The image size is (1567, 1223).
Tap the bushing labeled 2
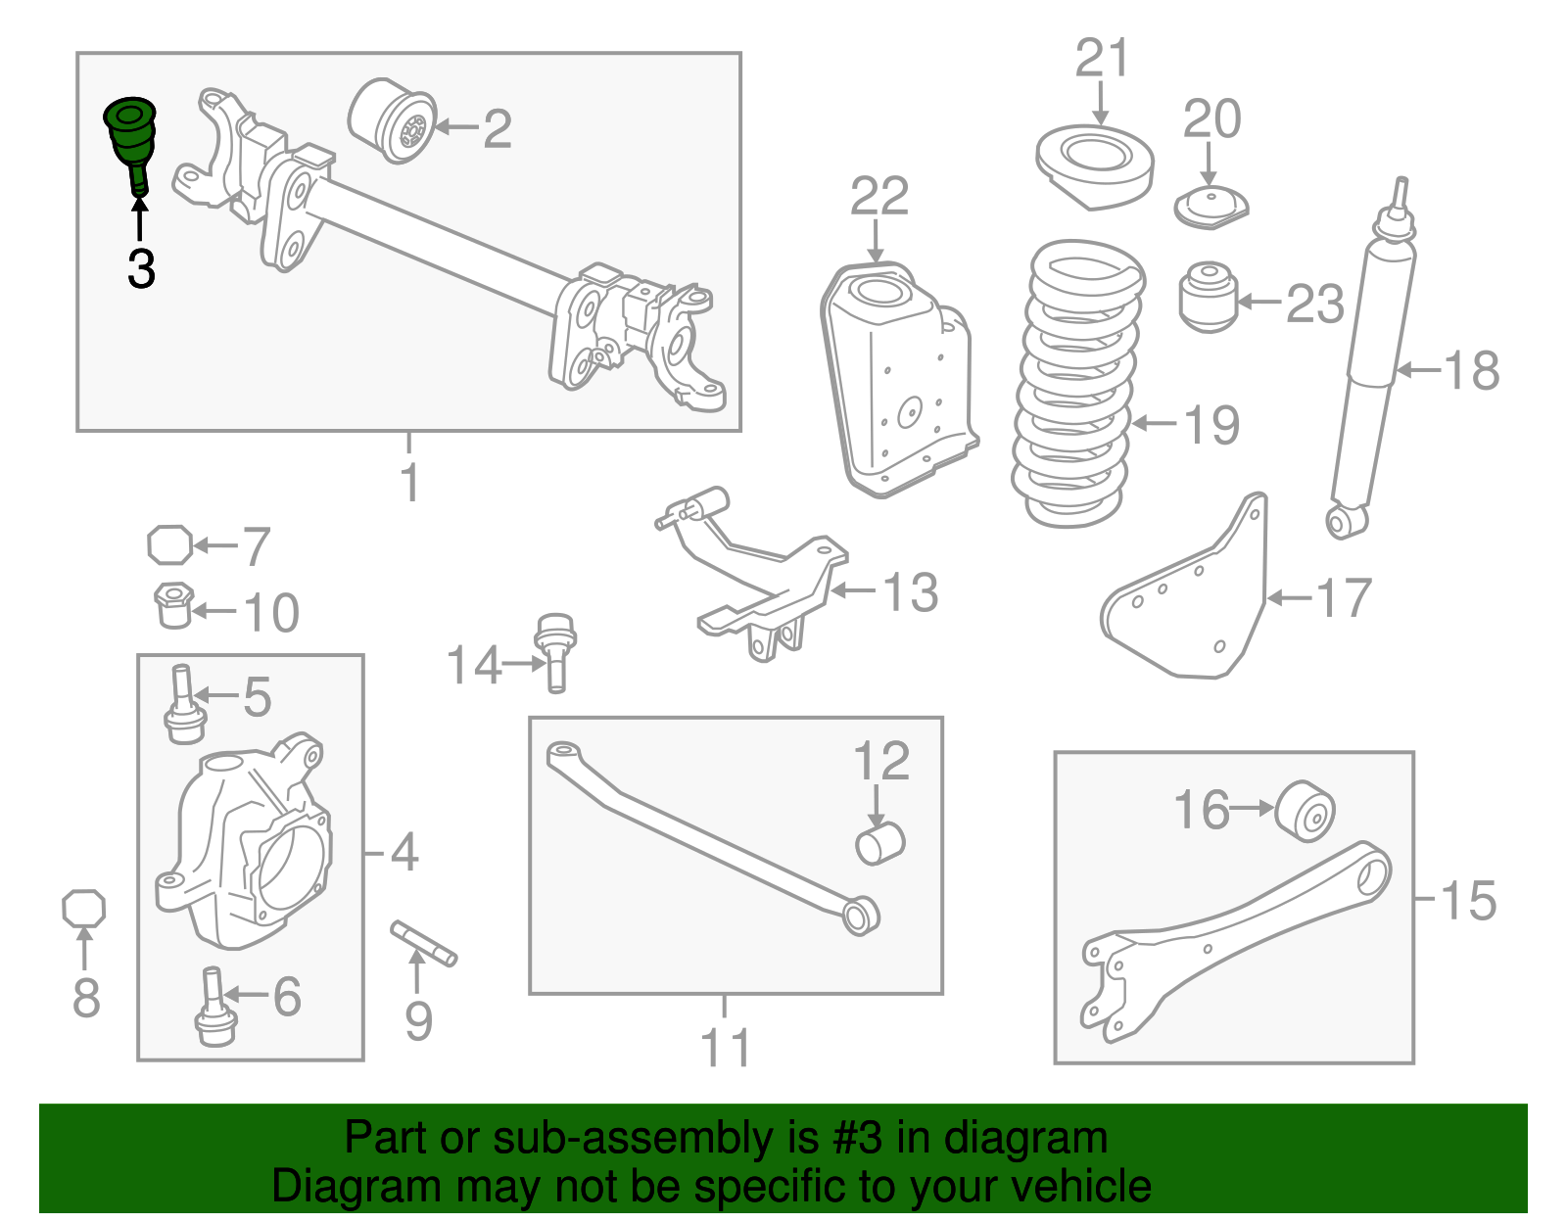(x=393, y=121)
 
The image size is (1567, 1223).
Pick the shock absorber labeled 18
(x=1374, y=362)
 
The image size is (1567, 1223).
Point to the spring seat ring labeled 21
(x=1095, y=163)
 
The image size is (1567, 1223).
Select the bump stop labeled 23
(x=1209, y=296)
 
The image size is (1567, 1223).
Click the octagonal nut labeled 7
(x=169, y=544)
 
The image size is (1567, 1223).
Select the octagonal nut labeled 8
(x=83, y=909)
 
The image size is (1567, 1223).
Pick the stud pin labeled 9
(x=424, y=942)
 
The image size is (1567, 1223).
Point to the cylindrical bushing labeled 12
(x=879, y=843)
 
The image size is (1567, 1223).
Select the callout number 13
(x=910, y=593)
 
